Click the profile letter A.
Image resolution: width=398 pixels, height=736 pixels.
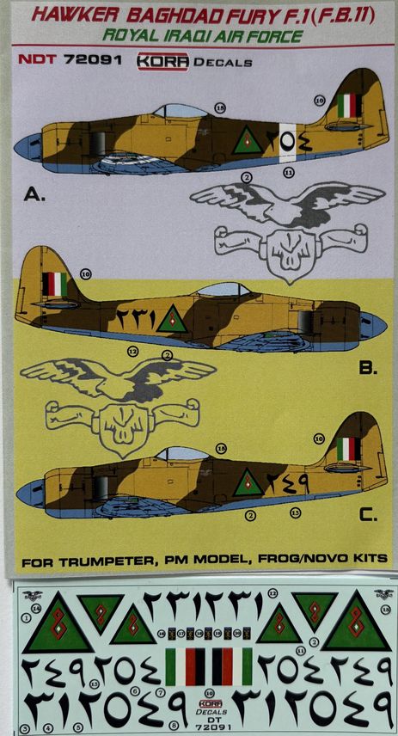34,194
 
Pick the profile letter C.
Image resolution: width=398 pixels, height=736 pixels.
367,516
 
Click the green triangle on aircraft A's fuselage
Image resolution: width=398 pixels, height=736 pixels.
247,141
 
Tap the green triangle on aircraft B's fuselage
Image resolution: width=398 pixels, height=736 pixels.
175,319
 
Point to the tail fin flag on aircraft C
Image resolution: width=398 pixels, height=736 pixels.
347,449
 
